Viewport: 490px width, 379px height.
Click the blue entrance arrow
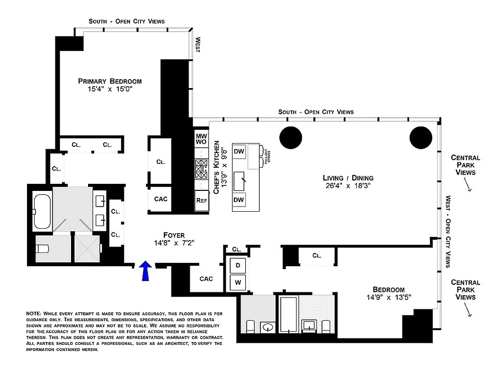tap(146, 271)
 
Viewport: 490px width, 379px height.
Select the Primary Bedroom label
tap(110, 81)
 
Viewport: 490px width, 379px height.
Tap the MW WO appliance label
tap(201, 139)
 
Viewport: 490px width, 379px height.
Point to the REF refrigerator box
tap(201, 200)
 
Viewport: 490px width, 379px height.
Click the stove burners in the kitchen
tap(201, 167)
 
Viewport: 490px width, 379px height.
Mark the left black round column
tap(290, 138)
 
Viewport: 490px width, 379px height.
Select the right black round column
tap(420, 138)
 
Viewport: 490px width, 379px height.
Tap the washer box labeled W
tap(238, 283)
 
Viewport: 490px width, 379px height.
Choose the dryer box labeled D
tap(238, 265)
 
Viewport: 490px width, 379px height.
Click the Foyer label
tap(174, 235)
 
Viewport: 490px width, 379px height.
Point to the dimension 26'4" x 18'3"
tap(348, 186)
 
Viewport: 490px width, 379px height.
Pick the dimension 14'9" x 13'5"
tap(388, 298)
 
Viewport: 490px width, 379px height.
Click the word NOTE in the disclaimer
tap(34, 314)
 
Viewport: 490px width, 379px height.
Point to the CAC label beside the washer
tap(206, 279)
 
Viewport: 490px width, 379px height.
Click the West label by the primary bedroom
tap(197, 45)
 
